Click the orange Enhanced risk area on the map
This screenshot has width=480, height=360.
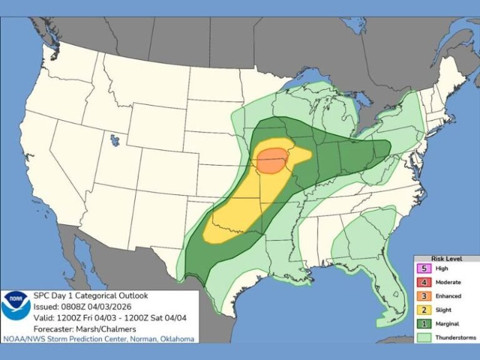(x=272, y=161)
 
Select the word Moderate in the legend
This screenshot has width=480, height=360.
(x=449, y=282)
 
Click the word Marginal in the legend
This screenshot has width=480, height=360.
(x=449, y=324)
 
